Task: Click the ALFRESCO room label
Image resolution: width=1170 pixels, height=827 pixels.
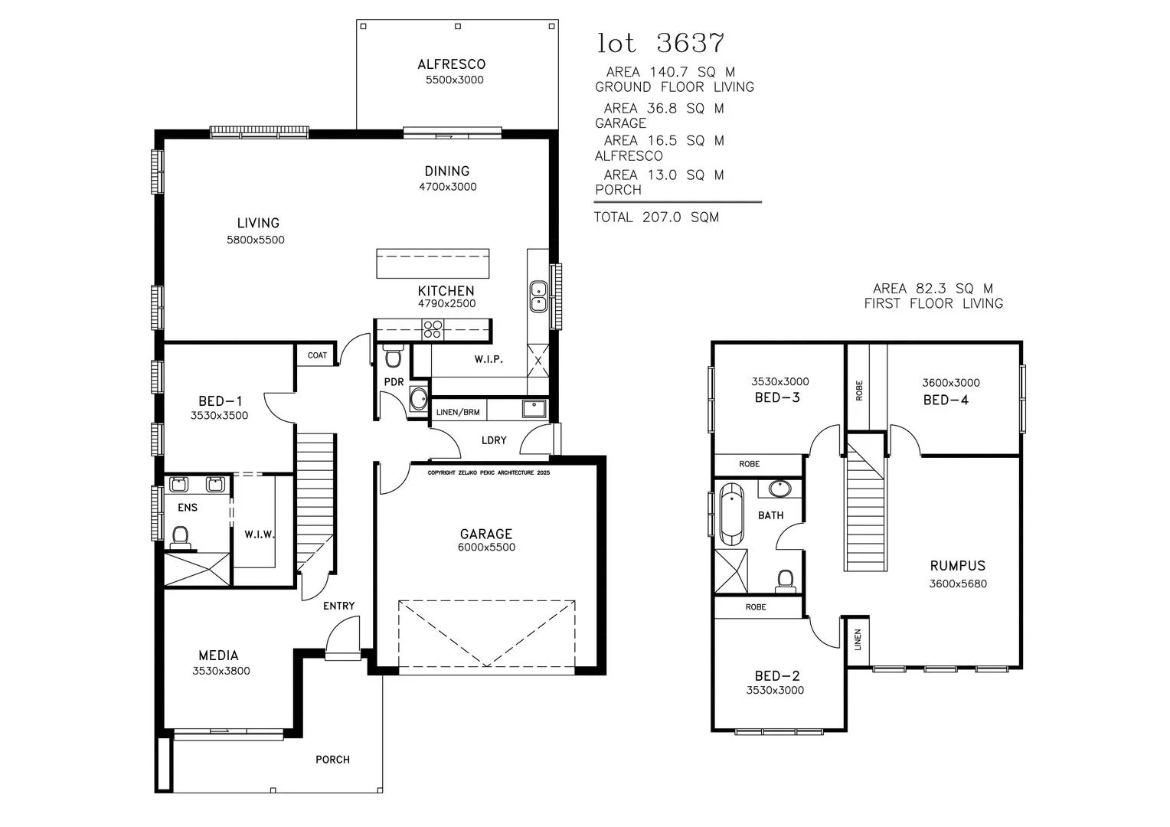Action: click(x=451, y=64)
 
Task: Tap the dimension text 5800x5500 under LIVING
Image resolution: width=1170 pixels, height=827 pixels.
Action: click(x=256, y=240)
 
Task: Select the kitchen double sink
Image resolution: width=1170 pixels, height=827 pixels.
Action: click(x=538, y=296)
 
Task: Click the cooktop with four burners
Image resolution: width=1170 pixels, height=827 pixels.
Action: click(x=433, y=329)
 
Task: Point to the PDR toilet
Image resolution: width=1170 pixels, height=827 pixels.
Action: click(x=393, y=356)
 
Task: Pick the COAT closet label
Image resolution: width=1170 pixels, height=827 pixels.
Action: click(x=317, y=355)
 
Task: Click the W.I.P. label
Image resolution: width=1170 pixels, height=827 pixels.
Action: click(x=489, y=359)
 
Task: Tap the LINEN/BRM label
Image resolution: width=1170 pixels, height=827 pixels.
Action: click(x=458, y=412)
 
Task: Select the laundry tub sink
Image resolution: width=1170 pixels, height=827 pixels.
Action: click(x=534, y=408)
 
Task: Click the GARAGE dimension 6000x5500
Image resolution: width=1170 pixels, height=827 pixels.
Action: click(x=486, y=547)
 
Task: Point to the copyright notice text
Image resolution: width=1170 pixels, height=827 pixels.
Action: click(x=489, y=472)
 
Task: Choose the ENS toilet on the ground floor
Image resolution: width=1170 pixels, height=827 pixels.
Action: click(x=180, y=538)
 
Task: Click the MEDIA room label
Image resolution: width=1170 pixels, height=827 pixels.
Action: click(x=218, y=655)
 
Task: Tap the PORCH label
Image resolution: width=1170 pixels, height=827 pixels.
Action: click(x=332, y=760)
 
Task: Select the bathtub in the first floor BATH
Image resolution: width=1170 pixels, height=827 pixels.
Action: click(x=732, y=515)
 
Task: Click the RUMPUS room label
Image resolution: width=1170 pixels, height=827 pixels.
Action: click(x=957, y=565)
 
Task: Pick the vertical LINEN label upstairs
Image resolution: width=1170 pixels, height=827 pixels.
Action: click(x=858, y=639)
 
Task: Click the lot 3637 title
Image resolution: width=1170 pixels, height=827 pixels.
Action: click(x=661, y=43)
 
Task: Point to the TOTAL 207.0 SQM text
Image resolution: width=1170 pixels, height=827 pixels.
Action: click(x=656, y=217)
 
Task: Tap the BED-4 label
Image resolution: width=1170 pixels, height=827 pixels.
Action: click(x=946, y=400)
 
